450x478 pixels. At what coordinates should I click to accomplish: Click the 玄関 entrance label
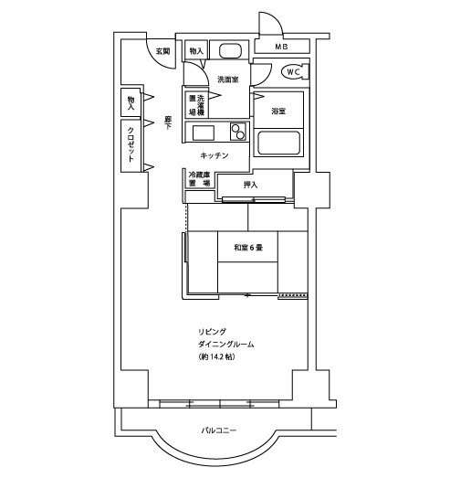click(162, 51)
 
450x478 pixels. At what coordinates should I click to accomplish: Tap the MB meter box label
click(282, 47)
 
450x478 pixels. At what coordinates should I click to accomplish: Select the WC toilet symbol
click(293, 72)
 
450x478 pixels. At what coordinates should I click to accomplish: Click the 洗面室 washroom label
click(228, 80)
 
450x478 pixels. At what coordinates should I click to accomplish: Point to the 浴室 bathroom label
click(278, 111)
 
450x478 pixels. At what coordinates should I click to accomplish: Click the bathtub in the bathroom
click(278, 143)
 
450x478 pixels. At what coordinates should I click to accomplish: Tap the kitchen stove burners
click(238, 132)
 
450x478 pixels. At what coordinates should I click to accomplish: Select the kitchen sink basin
click(203, 133)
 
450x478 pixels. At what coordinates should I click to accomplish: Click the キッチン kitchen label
click(215, 155)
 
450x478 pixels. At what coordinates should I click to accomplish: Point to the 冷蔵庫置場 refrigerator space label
click(199, 179)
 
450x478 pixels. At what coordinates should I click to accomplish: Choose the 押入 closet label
click(251, 185)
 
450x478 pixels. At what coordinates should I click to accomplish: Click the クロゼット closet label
click(131, 144)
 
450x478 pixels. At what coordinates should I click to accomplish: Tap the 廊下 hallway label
click(168, 122)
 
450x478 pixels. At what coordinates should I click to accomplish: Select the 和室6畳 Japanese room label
click(248, 248)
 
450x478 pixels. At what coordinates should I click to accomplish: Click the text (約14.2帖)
click(216, 356)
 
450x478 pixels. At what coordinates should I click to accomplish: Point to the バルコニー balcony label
click(219, 430)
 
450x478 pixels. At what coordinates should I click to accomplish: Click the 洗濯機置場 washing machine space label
click(196, 105)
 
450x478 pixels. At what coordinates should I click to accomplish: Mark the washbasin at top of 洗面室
click(230, 50)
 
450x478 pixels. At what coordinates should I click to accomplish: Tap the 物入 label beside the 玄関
click(196, 51)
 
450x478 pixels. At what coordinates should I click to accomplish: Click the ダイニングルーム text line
click(226, 345)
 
